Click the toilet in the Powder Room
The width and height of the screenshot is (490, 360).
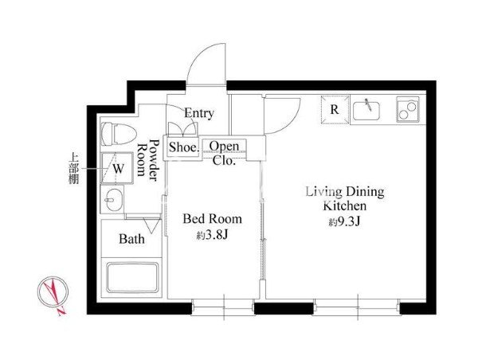119,134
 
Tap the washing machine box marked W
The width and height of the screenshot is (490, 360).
117,168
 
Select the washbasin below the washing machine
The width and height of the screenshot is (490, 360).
112,199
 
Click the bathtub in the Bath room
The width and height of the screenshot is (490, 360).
132,277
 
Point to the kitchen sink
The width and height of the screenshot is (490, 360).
367,110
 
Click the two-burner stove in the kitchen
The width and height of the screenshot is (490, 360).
408,109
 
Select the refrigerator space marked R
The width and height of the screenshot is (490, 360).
335,110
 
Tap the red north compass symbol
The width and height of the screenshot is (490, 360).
53,293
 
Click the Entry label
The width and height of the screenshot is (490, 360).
198,113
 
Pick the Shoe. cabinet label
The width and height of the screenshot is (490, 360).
184,147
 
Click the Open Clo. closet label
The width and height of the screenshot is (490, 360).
224,153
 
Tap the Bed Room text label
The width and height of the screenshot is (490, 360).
212,219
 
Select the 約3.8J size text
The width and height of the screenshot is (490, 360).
213,235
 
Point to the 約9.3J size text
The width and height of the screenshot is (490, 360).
345,222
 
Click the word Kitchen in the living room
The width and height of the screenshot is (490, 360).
345,206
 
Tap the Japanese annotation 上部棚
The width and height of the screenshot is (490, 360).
74,168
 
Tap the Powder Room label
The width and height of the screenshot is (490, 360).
148,160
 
